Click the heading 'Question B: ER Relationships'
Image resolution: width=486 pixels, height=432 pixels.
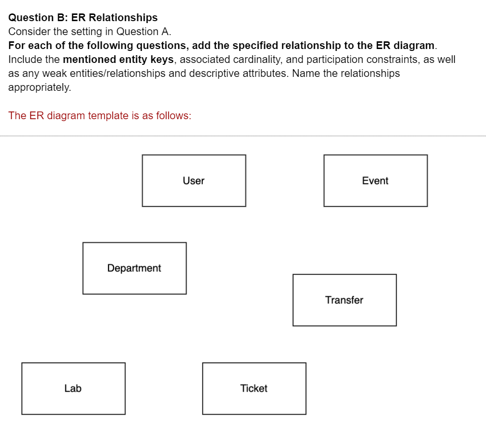(x=83, y=18)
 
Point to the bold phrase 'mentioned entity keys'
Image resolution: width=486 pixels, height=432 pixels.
(x=118, y=60)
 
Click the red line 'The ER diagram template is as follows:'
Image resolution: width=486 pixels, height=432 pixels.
(x=100, y=116)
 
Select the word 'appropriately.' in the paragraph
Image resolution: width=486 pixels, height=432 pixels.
(x=39, y=87)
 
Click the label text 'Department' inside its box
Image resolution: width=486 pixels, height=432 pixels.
(x=134, y=268)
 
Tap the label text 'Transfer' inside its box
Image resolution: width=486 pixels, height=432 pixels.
(x=344, y=300)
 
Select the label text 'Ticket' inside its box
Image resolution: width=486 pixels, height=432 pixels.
(x=254, y=388)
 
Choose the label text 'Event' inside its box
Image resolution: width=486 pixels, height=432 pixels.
(x=375, y=181)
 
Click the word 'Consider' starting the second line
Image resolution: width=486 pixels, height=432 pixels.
(x=28, y=32)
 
